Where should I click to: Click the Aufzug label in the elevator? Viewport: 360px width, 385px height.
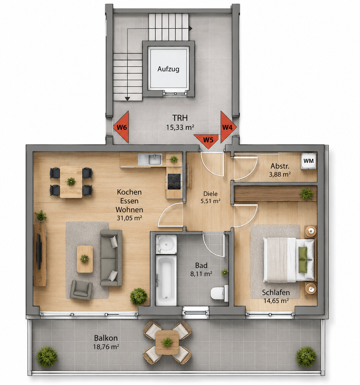tap(168, 69)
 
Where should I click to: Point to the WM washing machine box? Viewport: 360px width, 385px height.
tap(308, 161)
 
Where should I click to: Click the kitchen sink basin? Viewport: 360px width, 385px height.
tap(155, 159)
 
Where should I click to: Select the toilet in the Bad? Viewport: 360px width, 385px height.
tap(219, 293)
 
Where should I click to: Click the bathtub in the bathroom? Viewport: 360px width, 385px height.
tap(166, 280)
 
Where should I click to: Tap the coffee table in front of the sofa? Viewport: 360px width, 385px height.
tap(85, 259)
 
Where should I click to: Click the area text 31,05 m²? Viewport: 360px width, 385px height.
tap(129, 218)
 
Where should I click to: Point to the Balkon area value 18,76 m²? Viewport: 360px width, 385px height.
tap(106, 347)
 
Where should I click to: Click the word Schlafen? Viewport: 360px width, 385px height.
tap(276, 292)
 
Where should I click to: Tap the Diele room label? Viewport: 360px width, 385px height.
tap(210, 194)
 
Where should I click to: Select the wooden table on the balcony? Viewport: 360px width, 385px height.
tap(167, 342)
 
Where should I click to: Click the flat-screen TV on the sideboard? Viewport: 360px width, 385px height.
tap(39, 251)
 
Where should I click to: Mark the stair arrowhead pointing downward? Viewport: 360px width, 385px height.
tap(127, 99)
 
